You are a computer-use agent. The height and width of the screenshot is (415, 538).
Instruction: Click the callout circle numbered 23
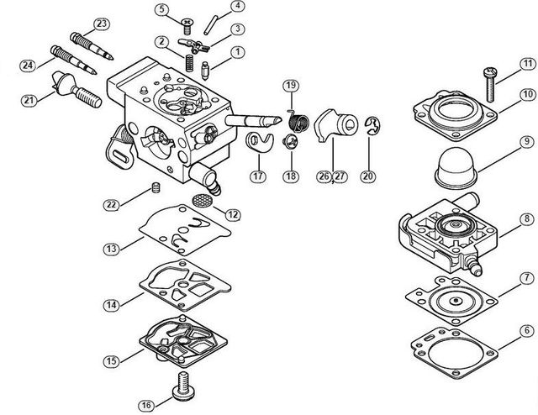coord(102,24)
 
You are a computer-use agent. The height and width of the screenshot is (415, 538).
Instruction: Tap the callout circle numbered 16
coord(146,405)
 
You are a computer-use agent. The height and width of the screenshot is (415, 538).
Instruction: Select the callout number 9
coord(527,142)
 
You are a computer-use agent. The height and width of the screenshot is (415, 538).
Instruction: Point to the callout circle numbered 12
coord(233,215)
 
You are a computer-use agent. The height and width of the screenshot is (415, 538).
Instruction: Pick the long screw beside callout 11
coord(489,84)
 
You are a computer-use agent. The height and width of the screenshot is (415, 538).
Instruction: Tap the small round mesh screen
coord(201,200)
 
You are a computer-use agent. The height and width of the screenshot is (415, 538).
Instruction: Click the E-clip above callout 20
coord(372,126)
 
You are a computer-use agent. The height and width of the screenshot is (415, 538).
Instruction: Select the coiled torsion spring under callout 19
coord(298,122)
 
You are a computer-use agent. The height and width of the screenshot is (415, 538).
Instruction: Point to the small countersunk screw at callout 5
coord(187,26)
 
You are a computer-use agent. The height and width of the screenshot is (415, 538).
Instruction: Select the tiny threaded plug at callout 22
coord(156,187)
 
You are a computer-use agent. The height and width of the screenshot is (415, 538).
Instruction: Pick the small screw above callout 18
coord(290,141)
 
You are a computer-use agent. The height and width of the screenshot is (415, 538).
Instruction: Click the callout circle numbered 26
coord(324,176)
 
